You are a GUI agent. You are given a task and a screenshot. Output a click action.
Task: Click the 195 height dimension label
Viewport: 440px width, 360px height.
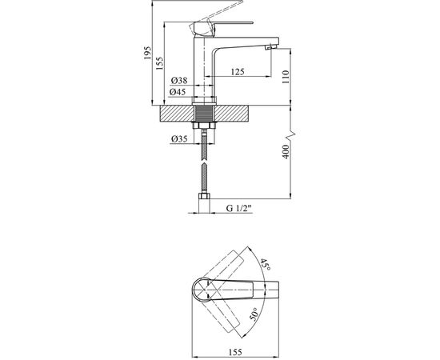tap(147, 53)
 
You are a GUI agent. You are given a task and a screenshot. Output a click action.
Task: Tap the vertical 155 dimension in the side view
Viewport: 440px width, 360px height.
tap(159, 63)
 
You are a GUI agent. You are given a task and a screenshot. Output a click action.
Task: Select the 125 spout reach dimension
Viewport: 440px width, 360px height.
tap(238, 72)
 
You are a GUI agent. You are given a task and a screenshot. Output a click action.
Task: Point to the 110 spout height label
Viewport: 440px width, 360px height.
tap(285, 77)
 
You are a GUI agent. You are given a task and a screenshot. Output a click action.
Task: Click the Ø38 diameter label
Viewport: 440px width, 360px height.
tap(179, 81)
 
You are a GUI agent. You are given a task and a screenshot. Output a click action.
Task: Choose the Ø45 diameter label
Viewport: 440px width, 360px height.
tap(178, 92)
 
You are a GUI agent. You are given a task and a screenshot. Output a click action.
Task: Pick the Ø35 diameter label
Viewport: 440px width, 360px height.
tap(179, 139)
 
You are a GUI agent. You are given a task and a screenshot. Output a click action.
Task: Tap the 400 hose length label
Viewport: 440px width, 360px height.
tap(286, 152)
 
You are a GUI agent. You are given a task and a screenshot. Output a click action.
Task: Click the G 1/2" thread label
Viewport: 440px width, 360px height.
tap(239, 209)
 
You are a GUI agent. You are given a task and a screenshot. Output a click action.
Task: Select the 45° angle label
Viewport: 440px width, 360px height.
tap(265, 264)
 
